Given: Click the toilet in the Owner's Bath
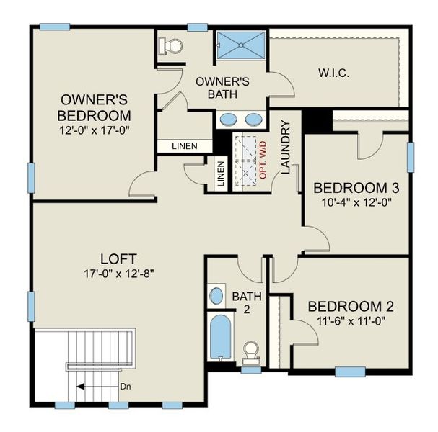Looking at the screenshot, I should (172, 45).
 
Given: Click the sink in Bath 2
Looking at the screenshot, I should (216, 296).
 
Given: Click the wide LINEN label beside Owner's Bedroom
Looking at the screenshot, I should (185, 146).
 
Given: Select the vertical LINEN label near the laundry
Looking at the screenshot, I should (220, 174).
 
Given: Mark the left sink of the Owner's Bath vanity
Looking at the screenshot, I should (228, 120).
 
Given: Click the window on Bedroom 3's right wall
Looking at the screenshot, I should (410, 157).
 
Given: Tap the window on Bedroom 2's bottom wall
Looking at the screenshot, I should (351, 372).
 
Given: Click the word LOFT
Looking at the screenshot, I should (119, 258).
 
